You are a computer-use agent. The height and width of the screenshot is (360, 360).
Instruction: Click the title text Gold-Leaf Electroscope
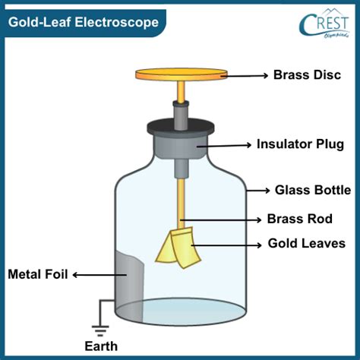84,22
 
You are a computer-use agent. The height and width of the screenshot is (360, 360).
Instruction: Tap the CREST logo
324,24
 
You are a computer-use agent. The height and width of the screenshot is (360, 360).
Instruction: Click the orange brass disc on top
181,74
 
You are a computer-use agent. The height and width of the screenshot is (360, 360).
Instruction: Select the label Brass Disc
307,75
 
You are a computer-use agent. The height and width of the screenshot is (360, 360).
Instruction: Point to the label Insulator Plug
300,144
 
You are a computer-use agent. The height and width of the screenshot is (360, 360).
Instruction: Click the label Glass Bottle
313,190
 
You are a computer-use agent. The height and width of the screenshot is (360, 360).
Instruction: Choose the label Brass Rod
300,219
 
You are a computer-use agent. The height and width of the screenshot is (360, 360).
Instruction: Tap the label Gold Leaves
307,243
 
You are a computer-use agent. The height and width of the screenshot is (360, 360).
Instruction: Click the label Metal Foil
38,274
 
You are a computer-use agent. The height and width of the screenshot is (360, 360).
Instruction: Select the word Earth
101,346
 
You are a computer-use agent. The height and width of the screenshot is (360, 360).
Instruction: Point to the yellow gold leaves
178,248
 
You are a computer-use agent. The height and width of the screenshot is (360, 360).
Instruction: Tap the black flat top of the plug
181,126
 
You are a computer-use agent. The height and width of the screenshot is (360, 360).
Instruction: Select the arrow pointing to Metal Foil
99,275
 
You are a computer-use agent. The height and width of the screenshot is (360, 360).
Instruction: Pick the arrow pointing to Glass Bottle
258,191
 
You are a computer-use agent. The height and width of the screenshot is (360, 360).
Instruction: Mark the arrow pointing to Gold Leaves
226,245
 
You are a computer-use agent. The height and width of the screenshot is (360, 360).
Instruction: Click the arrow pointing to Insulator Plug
224,145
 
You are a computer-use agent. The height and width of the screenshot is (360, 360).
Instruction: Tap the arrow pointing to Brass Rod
221,219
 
